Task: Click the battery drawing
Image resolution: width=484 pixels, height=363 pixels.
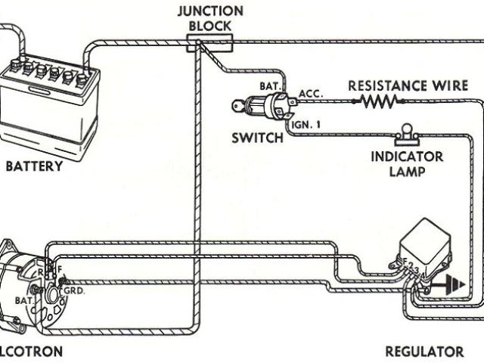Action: pyautogui.click(x=51, y=102)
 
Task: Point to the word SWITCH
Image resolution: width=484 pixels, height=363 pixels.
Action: pyautogui.click(x=259, y=138)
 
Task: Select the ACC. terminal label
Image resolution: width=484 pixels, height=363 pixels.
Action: pyautogui.click(x=311, y=92)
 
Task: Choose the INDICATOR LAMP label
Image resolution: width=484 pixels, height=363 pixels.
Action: pyautogui.click(x=407, y=164)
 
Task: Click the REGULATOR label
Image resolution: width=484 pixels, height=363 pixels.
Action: pyautogui.click(x=424, y=351)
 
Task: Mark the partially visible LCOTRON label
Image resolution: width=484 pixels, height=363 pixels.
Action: pyautogui.click(x=31, y=351)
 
